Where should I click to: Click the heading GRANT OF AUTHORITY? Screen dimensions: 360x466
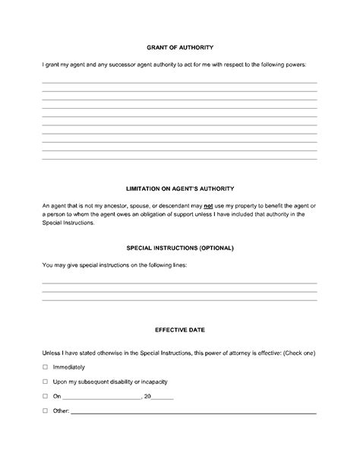click(x=179, y=46)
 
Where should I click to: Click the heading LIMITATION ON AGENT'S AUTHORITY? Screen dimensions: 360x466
click(x=179, y=188)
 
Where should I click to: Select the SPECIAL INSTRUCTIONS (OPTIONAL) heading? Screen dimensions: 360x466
click(x=179, y=248)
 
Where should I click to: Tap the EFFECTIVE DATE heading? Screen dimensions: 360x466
click(x=179, y=331)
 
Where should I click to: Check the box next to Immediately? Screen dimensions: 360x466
click(x=45, y=367)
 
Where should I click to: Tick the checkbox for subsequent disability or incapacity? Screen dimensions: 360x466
click(x=45, y=382)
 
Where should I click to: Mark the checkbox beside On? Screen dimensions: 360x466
click(x=45, y=396)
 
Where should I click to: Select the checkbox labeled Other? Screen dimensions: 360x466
click(x=45, y=411)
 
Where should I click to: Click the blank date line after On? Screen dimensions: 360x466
click(x=103, y=398)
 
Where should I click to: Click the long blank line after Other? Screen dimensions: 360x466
click(x=194, y=413)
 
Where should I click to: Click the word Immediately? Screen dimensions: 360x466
click(x=69, y=367)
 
